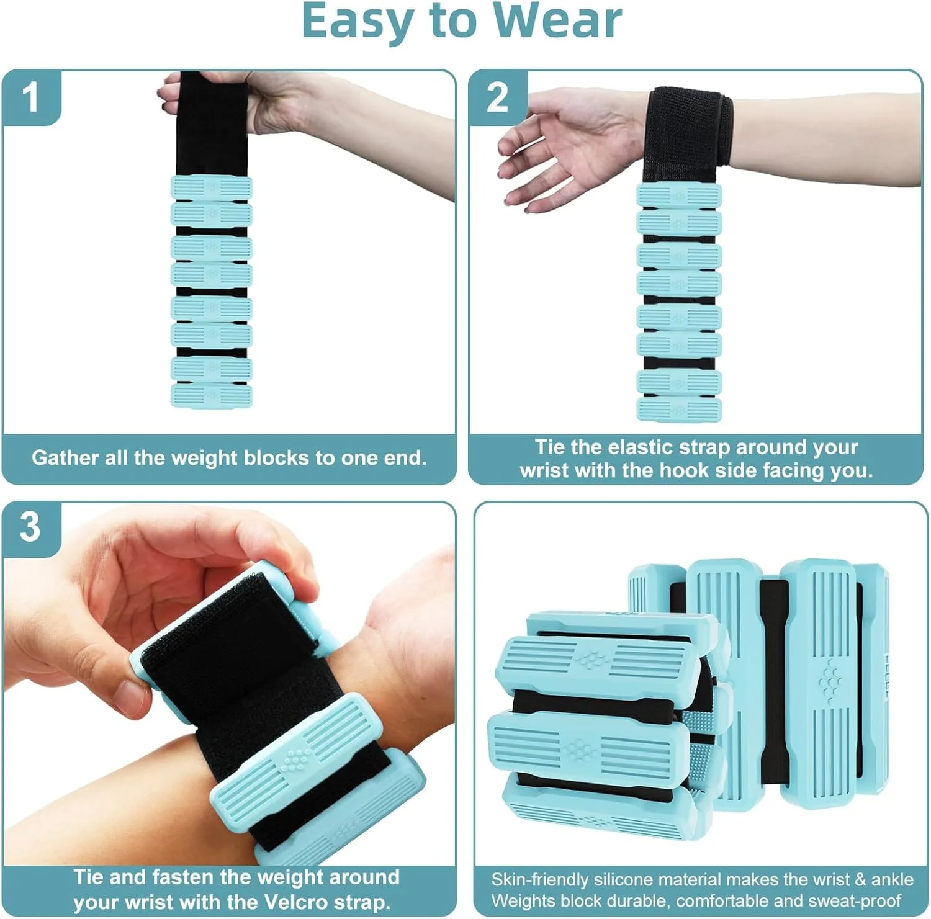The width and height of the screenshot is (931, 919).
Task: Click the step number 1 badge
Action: pyautogui.click(x=31, y=97)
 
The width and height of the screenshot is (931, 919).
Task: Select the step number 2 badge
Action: pyautogui.click(x=497, y=97)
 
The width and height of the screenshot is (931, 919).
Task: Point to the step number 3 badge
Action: pyautogui.click(x=31, y=527)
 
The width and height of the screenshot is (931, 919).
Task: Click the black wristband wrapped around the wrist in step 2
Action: pyautogui.click(x=690, y=127)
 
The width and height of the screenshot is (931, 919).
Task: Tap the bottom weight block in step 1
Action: pyautogui.click(x=212, y=397)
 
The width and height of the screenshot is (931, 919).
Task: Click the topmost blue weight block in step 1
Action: pyautogui.click(x=212, y=187)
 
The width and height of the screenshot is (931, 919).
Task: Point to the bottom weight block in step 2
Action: pyautogui.click(x=680, y=410)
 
